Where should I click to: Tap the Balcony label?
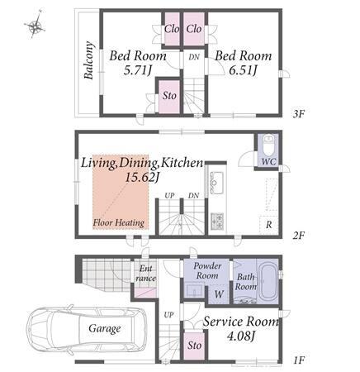click(89, 60)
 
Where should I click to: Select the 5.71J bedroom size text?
click(137, 71)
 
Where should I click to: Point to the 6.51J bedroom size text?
click(243, 71)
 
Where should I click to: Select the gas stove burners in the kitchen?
click(217, 221)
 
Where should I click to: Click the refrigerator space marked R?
click(268, 225)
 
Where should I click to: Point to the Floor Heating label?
click(119, 222)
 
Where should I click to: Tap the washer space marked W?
click(219, 294)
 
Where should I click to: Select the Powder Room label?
click(207, 270)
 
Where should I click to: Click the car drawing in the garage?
click(87, 329)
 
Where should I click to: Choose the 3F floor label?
click(299, 114)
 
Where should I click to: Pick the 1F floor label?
click(299, 360)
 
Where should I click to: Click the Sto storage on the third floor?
click(169, 96)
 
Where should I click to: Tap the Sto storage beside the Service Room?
click(194, 346)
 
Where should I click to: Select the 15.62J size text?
click(142, 178)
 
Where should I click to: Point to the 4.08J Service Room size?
click(241, 336)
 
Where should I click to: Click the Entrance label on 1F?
click(145, 274)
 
